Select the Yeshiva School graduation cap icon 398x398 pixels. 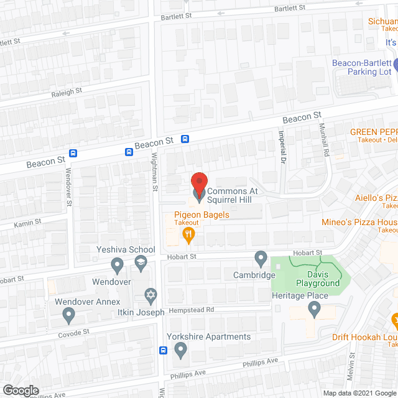(x=141, y=264)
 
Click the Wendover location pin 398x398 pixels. (x=116, y=266)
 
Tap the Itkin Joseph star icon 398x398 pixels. (x=149, y=293)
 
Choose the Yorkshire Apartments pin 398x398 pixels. (x=181, y=351)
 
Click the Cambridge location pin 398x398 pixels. (x=261, y=257)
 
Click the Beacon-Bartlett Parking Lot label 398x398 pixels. (x=362, y=67)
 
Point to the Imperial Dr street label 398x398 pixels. (x=281, y=151)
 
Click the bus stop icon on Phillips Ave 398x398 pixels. (x=164, y=349)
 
